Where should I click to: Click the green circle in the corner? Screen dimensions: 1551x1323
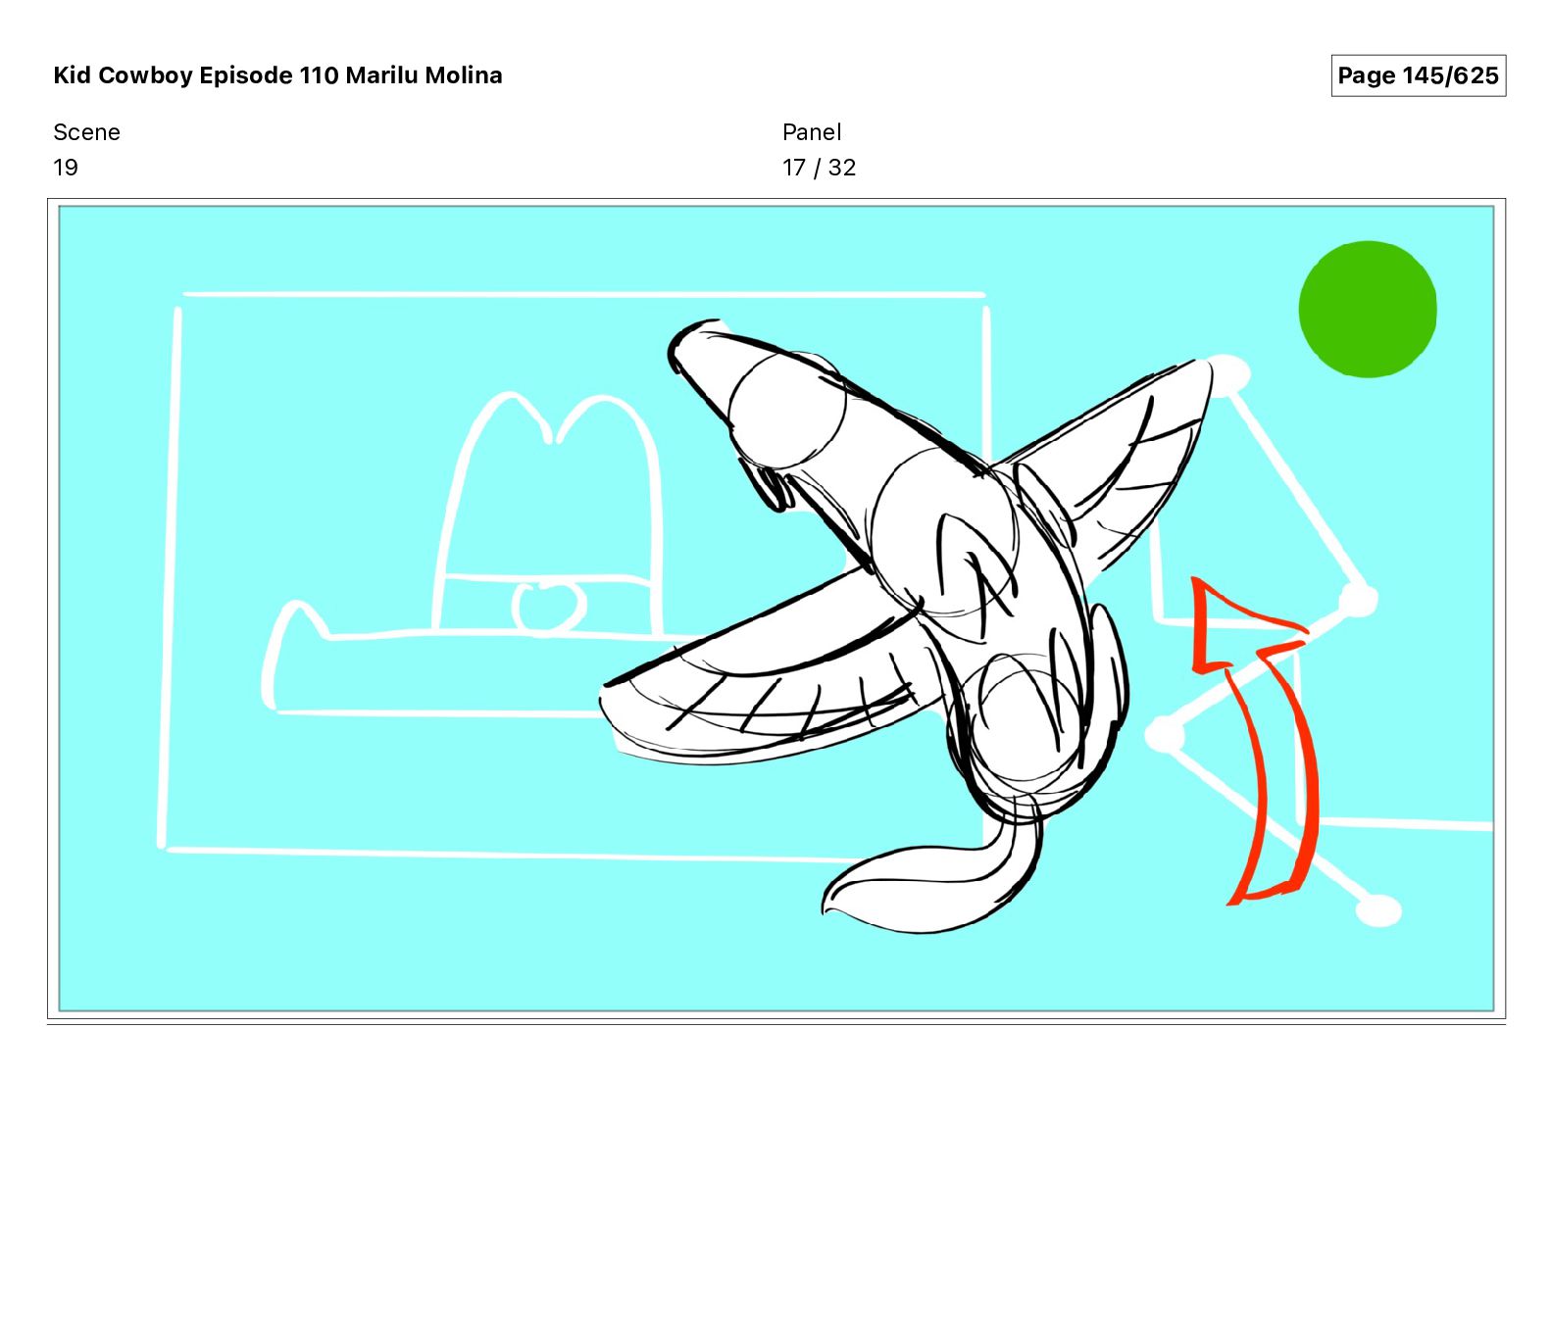pos(1368,309)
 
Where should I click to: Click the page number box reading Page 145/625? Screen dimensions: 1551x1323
pos(1418,75)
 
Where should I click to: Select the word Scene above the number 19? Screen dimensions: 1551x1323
pos(86,132)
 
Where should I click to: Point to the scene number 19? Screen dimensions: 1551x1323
pos(66,168)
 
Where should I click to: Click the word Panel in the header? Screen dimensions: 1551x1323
pos(812,132)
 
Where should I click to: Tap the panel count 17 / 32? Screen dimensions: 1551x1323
pos(820,168)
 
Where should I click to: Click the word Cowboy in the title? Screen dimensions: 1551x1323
pos(146,75)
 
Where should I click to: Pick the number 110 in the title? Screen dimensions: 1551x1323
pos(319,75)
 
